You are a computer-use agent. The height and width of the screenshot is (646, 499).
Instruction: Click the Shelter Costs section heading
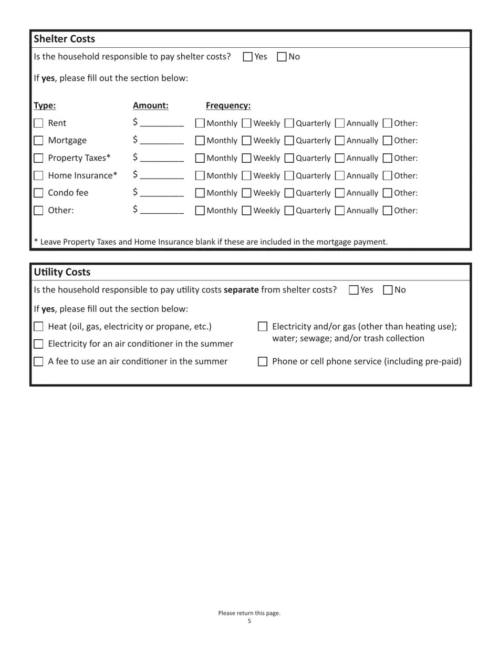point(64,39)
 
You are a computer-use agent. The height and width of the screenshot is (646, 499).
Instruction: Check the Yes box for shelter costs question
point(248,57)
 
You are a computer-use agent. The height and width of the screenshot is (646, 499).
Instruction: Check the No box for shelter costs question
point(282,57)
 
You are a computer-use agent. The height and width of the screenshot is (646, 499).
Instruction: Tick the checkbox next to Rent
point(38,123)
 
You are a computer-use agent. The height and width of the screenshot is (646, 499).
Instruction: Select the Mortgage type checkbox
point(38,141)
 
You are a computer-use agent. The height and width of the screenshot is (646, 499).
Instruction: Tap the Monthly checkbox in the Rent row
point(200,123)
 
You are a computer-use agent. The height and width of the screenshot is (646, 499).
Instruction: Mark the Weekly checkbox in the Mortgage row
point(246,141)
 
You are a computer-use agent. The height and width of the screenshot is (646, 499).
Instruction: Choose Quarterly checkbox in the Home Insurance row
point(289,176)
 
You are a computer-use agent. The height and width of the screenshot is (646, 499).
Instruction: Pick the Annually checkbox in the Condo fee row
point(340,193)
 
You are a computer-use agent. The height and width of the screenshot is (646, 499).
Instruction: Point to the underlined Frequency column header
point(228,106)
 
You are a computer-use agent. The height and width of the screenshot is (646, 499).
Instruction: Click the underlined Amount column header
point(151,106)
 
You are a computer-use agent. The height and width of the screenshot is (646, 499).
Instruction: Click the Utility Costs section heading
point(62,272)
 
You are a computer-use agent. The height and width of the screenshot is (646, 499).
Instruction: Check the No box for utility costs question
point(388,290)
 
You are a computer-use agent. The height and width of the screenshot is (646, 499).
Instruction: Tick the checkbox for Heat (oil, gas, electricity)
point(38,327)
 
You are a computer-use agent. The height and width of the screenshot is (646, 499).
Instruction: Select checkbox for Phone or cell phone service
point(263,361)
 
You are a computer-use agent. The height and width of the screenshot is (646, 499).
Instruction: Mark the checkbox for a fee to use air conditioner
point(38,361)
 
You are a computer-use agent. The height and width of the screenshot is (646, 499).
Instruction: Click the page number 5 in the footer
point(250,621)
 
